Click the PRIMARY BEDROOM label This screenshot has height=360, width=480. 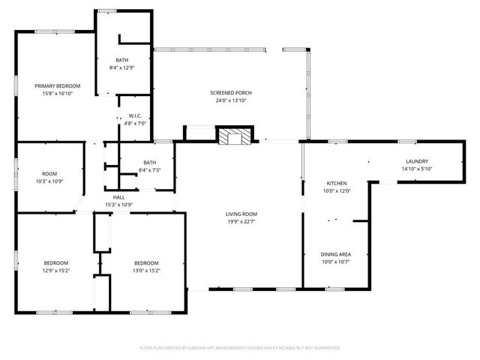coord(57,86)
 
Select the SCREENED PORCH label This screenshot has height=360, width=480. coord(230,92)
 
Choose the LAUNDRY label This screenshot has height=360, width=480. coord(416,161)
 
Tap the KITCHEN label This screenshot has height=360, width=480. coord(336,183)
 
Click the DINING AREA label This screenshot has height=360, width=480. coord(335,254)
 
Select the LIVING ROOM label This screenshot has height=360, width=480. coord(241,214)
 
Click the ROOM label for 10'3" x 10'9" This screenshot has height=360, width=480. coord(49,173)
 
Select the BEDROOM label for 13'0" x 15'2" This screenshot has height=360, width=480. coord(146,262)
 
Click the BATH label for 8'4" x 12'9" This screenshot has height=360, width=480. coord(121,60)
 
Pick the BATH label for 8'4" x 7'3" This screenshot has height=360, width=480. coord(149,163)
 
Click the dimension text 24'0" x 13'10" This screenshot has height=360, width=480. coord(230,100)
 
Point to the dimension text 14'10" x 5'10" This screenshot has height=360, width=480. coord(416,169)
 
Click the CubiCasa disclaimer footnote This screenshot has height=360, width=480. coord(240,348)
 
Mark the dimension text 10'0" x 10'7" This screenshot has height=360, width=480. coord(335,262)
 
